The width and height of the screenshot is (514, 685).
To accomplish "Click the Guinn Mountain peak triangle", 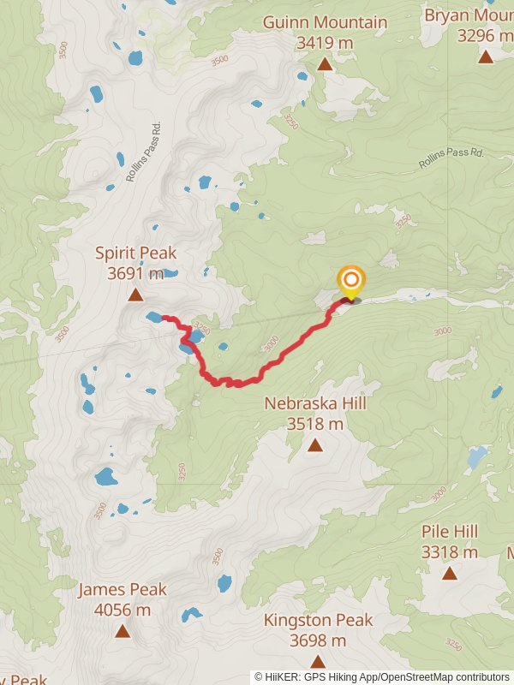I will click(325, 63).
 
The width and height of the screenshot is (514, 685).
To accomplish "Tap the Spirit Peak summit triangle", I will click(135, 295).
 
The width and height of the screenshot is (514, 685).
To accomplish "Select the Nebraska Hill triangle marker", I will click(315, 444).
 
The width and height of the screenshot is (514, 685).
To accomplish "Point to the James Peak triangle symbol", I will click(123, 632).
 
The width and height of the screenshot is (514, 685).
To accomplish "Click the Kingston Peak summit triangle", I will click(318, 661).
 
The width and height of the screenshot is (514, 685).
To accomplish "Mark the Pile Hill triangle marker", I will click(450, 573).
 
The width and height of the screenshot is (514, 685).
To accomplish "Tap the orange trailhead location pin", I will click(350, 281).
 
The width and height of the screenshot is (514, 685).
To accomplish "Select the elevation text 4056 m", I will click(123, 610).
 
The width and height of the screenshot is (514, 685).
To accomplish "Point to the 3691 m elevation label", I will click(135, 274).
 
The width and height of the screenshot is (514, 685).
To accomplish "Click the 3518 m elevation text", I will click(315, 423).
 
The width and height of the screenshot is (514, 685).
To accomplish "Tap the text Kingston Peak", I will click(318, 620).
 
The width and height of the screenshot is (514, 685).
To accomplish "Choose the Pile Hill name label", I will click(450, 532).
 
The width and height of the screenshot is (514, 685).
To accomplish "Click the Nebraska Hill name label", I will click(315, 402).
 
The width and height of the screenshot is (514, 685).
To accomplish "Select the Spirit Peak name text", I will click(135, 253).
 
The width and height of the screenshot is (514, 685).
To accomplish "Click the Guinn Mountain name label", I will click(325, 22).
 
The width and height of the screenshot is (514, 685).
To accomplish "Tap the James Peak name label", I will click(123, 589).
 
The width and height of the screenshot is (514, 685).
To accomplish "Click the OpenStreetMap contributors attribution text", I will click(445, 677).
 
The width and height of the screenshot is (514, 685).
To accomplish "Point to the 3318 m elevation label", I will click(450, 552).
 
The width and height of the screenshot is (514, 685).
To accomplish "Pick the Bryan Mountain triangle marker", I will click(486, 57).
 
